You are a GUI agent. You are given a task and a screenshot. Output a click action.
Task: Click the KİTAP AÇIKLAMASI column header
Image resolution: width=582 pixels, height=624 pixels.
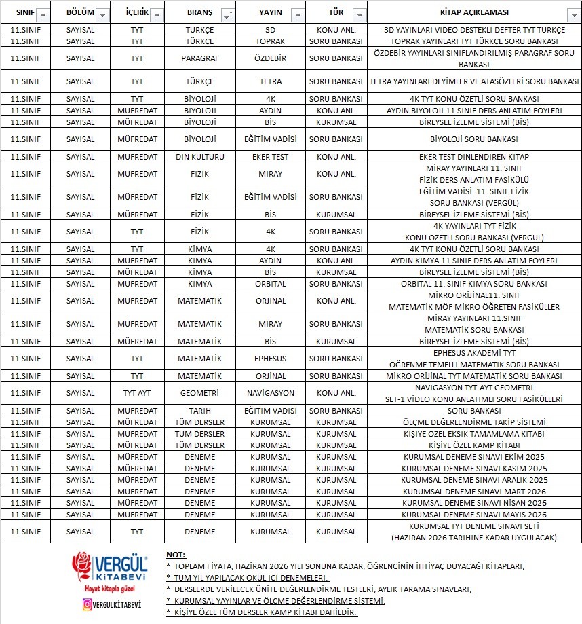click(x=474, y=13)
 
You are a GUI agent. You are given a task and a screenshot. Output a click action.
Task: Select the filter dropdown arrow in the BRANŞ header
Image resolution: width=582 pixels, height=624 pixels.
click(x=225, y=15)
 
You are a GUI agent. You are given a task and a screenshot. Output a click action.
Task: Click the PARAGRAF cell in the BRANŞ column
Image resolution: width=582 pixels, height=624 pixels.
click(x=199, y=58)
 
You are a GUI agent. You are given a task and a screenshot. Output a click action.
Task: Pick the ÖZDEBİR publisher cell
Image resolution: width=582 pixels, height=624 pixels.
click(x=270, y=58)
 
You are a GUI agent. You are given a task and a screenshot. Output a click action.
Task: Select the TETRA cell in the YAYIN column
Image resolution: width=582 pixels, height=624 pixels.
click(x=270, y=81)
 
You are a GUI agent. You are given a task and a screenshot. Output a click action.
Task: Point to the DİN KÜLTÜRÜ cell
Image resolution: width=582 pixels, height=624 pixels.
click(x=199, y=157)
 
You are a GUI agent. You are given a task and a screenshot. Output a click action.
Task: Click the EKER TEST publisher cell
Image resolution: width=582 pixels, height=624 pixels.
click(x=270, y=157)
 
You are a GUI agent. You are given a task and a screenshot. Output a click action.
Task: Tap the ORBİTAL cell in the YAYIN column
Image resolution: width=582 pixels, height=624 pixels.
click(x=270, y=284)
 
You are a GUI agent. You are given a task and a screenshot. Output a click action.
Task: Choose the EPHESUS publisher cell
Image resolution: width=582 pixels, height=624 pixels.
click(x=270, y=359)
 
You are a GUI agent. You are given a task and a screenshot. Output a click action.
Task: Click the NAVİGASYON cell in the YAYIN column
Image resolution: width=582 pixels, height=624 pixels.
click(x=270, y=393)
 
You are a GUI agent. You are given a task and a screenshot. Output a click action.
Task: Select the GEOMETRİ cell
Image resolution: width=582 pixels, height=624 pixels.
click(x=199, y=393)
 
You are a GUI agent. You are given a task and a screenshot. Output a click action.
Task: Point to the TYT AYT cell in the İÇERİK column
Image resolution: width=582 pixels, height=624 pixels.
click(x=137, y=393)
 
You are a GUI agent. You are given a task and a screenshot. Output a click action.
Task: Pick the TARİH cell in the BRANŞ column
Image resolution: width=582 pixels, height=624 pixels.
click(x=199, y=411)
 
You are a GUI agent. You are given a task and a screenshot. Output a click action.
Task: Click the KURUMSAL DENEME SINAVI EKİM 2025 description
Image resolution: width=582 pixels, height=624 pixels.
click(x=474, y=457)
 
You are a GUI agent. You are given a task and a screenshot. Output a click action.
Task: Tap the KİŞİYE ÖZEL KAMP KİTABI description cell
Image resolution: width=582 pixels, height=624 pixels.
click(x=474, y=445)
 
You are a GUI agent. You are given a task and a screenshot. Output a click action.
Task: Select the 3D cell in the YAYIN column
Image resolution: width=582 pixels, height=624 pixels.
click(x=270, y=30)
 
